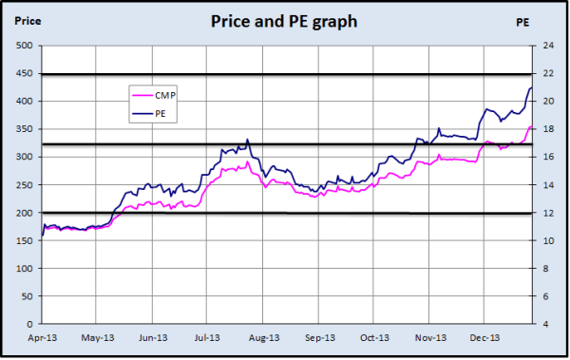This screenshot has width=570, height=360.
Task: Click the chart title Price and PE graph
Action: point(285,20)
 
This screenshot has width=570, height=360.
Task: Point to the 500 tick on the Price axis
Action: point(25,46)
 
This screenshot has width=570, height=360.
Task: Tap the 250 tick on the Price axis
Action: point(25,185)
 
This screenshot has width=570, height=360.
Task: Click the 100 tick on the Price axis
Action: point(25,269)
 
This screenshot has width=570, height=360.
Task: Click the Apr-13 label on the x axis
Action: point(43,337)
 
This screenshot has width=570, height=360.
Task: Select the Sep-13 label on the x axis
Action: point(320,337)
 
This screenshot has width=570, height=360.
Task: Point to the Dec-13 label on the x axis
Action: point(484,337)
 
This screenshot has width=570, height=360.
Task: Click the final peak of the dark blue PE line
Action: point(530,88)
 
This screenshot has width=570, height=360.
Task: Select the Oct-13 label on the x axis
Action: point(374,337)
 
